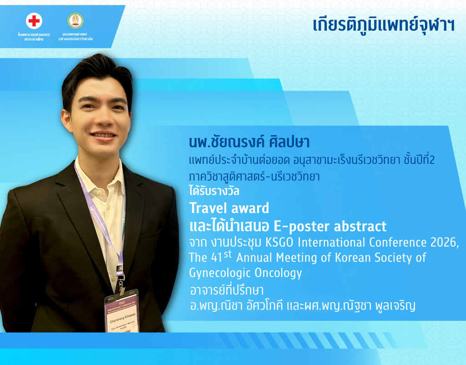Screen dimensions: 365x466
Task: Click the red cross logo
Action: (x=34, y=21)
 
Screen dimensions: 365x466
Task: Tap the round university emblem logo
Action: (x=76, y=21)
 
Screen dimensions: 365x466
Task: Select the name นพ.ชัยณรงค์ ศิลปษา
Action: (x=249, y=142)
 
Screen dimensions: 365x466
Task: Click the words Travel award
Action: (x=229, y=208)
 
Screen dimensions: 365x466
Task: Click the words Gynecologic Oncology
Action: (x=245, y=273)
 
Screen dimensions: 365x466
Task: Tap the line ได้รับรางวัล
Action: (x=214, y=191)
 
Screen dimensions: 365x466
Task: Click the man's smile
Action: (x=104, y=135)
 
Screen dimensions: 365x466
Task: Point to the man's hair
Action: (x=98, y=73)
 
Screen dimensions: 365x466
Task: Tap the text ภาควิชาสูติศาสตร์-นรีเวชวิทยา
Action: (x=254, y=177)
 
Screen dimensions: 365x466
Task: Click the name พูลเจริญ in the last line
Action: (x=391, y=306)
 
